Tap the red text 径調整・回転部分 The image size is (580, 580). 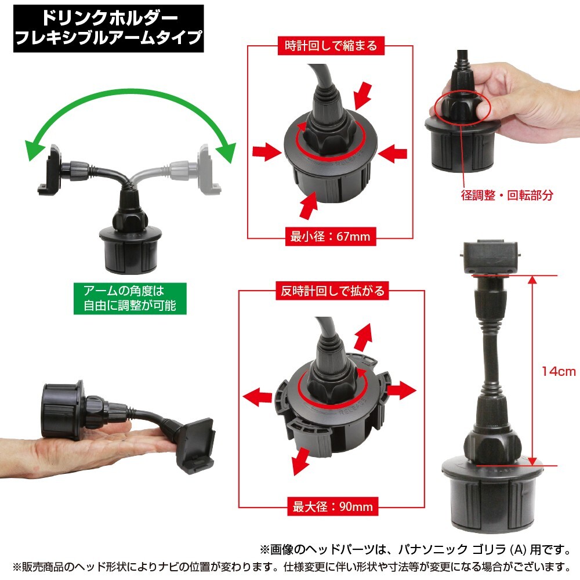pos(507,195)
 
